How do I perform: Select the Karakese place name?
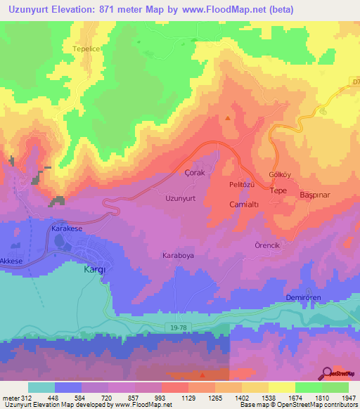pyautogui.click(x=67, y=230)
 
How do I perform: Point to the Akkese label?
pyautogui.click(x=12, y=261)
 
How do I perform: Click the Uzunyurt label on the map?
pyautogui.click(x=180, y=199)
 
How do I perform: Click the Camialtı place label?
pyautogui.click(x=246, y=204)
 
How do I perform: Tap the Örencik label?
pyautogui.click(x=267, y=246)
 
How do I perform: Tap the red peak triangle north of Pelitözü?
pyautogui.click(x=228, y=117)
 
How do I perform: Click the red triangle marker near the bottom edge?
pyautogui.click(x=202, y=375)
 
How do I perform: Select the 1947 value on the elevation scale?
pyautogui.click(x=346, y=398)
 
